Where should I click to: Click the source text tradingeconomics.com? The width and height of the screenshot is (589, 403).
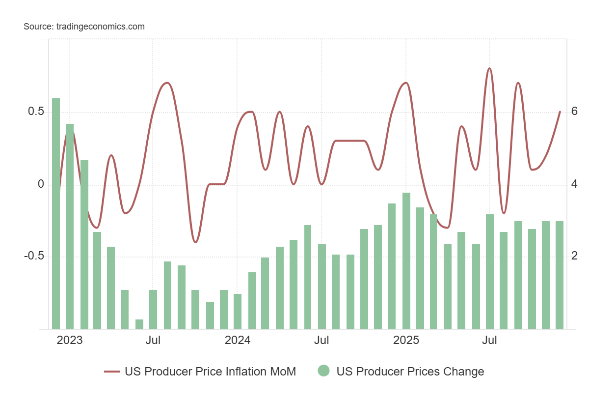coord(84,27)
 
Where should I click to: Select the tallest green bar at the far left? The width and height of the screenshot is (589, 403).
coord(56,214)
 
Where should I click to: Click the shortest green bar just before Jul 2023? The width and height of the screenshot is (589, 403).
coord(139,324)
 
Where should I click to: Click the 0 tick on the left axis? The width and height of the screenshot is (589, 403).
coord(41,184)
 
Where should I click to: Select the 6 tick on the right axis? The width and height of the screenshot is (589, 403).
coord(574,112)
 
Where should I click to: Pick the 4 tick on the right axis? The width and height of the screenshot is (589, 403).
coord(574,184)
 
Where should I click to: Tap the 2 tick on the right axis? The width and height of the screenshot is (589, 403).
coord(574,257)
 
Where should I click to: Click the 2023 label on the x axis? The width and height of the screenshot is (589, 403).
coord(70,340)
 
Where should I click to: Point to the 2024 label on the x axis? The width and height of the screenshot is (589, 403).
coord(238,340)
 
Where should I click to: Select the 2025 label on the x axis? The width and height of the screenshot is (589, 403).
coord(406,340)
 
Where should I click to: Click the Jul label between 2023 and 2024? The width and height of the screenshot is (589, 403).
coord(153,340)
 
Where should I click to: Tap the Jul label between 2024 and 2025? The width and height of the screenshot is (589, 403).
coord(321,340)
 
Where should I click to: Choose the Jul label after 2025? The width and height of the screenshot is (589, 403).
coord(489,340)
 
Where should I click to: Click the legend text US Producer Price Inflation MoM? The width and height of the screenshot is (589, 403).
coord(210,372)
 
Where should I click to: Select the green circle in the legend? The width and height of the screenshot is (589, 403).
coord(323,372)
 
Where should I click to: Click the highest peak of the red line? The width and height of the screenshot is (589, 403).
coord(489,69)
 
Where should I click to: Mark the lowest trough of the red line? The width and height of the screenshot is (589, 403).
coord(195,242)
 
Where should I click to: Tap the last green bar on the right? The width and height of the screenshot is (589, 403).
coord(560,275)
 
